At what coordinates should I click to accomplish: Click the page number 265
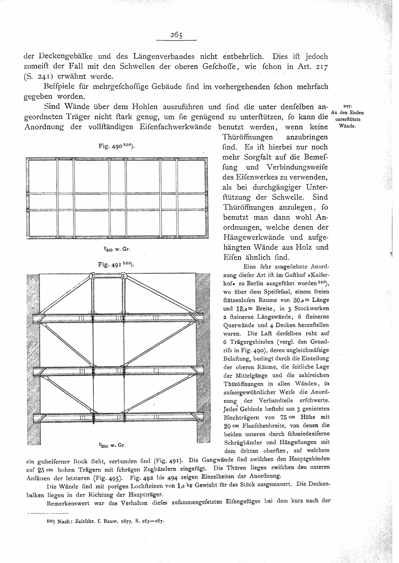click(176, 35)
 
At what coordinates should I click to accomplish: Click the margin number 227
click(348, 106)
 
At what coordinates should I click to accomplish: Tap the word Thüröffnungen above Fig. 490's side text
click(248, 137)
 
